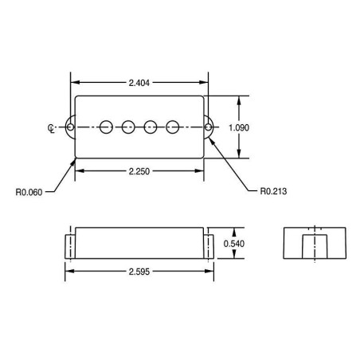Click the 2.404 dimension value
click(x=139, y=83)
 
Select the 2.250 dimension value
click(x=139, y=171)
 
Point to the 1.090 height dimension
click(x=239, y=127)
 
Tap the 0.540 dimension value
click(x=233, y=244)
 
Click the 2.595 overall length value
click(x=139, y=272)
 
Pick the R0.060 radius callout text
click(x=29, y=192)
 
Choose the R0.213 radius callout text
click(x=273, y=191)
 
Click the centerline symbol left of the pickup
click(x=51, y=128)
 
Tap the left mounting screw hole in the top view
click(x=70, y=127)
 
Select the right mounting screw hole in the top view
click(x=209, y=127)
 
